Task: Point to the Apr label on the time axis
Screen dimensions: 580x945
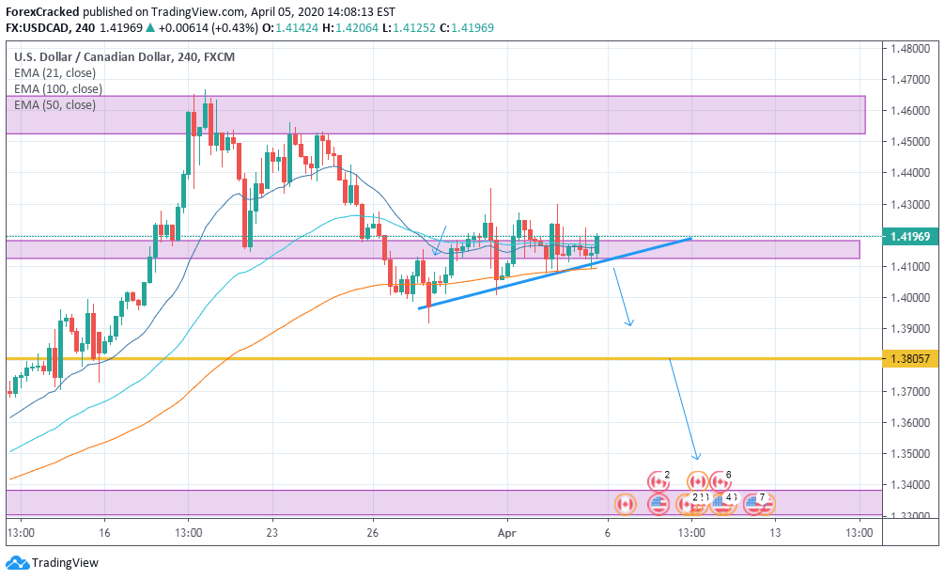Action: (x=507, y=532)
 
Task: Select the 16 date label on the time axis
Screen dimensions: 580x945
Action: (x=104, y=532)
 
